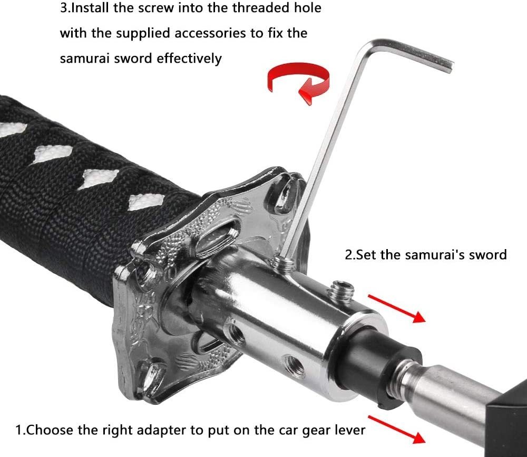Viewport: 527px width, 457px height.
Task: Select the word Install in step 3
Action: [90, 7]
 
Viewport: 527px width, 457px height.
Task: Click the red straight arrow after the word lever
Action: [397, 430]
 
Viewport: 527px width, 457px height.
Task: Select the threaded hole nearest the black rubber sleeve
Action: [294, 366]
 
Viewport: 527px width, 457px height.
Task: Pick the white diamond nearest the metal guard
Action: [146, 202]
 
